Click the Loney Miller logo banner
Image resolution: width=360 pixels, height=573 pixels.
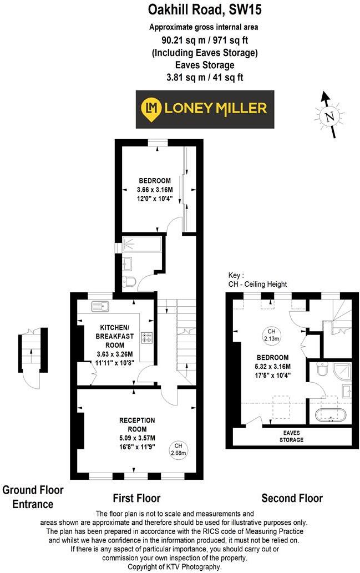click(x=205, y=109)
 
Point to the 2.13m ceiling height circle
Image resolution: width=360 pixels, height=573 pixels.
click(x=272, y=334)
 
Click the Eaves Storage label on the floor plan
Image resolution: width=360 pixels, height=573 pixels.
click(x=291, y=437)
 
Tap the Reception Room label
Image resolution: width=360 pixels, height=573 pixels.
click(x=137, y=424)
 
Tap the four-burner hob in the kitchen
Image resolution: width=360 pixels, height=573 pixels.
click(x=148, y=337)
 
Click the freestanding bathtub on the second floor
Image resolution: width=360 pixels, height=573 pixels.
click(x=330, y=414)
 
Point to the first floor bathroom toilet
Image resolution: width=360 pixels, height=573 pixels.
click(x=129, y=281)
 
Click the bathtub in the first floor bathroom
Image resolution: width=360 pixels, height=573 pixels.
click(x=141, y=243)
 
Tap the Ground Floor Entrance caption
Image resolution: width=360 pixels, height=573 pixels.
click(x=33, y=497)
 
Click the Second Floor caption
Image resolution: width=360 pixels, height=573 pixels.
click(x=292, y=498)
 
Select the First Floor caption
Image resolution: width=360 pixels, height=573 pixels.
click(x=136, y=498)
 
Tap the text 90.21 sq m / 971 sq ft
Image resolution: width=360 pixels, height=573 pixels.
click(x=205, y=40)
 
